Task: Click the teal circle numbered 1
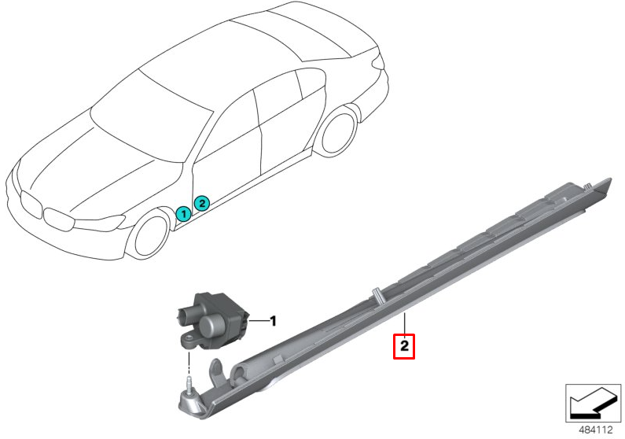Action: pos(182,213)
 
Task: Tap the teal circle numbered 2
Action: pos(201,203)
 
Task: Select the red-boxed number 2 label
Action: pos(403,345)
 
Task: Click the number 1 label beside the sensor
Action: pos(273,321)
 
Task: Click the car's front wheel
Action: pos(152,233)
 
